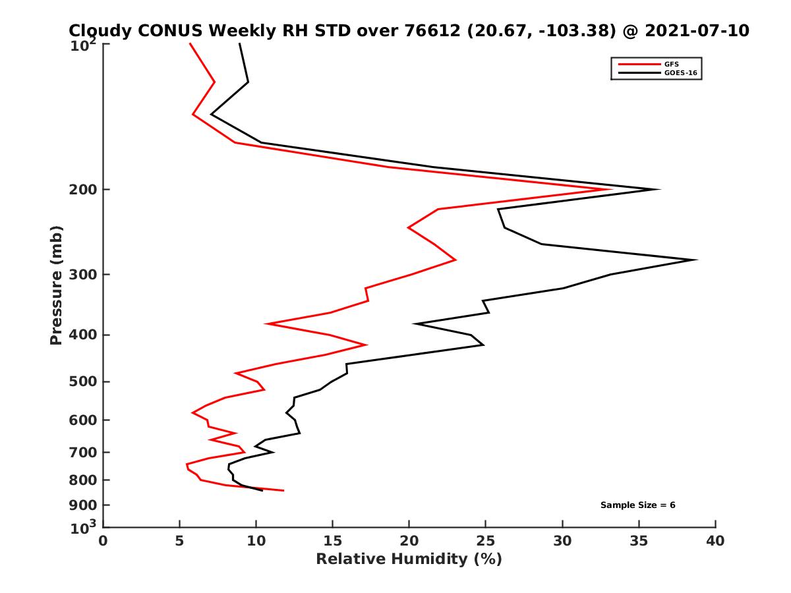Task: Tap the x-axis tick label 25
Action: point(485,541)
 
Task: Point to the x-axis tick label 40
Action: point(715,541)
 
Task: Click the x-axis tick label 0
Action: point(103,541)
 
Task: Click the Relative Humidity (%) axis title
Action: point(409,559)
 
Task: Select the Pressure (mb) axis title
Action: point(56,285)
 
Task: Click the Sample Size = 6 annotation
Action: point(637,505)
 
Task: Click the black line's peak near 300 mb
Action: point(696,260)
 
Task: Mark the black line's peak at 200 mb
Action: point(659,190)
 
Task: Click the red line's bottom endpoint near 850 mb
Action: point(283,490)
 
